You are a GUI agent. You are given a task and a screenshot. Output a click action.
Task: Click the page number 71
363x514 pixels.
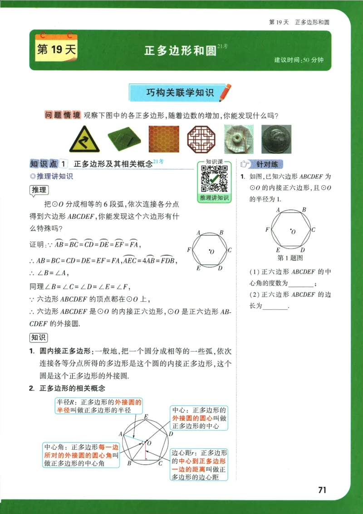[x=323, y=490]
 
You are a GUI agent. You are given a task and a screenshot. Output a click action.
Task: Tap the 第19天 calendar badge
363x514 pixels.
[x=56, y=49]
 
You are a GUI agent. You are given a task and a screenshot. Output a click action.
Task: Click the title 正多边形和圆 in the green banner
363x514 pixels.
[x=180, y=50]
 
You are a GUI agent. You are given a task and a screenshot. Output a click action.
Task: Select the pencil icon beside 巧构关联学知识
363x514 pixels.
[x=225, y=92]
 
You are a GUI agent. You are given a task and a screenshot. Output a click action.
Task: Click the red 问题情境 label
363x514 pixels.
[x=63, y=115]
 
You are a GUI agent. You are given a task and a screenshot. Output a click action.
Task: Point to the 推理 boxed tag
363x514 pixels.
[x=39, y=191]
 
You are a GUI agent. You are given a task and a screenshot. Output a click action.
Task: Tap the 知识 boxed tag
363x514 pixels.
[x=39, y=337]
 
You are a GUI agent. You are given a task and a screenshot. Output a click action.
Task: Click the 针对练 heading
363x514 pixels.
[x=267, y=164]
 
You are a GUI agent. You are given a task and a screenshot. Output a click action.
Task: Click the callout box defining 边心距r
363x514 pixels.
[x=199, y=465]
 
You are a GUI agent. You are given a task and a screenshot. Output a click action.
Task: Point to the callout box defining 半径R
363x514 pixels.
[x=99, y=406]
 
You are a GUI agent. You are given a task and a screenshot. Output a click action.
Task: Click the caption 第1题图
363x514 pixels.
[x=290, y=258]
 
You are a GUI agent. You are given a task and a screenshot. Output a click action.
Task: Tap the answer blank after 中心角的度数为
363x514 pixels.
[x=300, y=284]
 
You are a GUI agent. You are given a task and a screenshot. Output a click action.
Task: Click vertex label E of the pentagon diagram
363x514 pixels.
[x=146, y=417]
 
